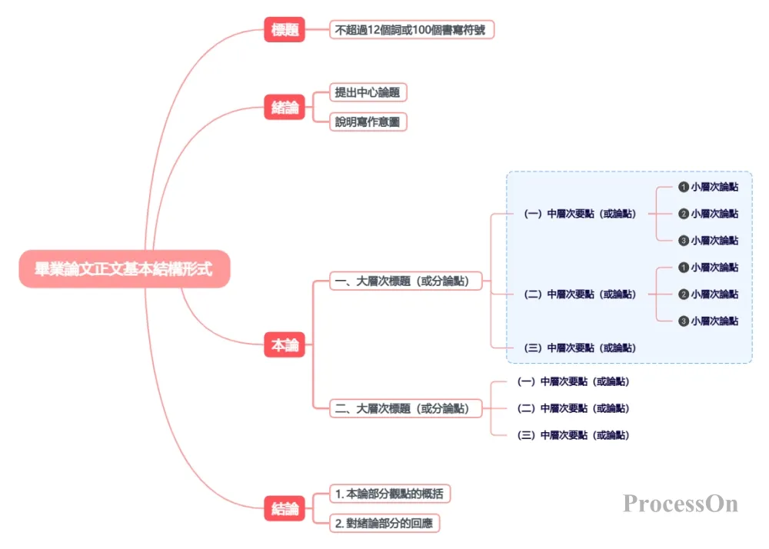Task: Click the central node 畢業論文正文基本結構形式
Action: (x=125, y=268)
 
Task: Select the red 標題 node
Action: (x=285, y=29)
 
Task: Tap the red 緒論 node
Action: (x=285, y=107)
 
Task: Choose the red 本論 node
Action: (x=285, y=344)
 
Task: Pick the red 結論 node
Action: (x=285, y=508)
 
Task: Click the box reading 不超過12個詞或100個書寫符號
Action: (x=411, y=29)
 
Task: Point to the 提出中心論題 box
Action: (x=368, y=92)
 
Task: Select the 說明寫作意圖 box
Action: (x=368, y=121)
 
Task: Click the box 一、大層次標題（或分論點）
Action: (x=405, y=281)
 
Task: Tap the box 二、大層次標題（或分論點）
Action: (x=405, y=408)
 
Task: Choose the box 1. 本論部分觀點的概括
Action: (x=390, y=494)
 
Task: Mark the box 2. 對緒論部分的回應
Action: (x=384, y=523)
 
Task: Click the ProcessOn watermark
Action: (x=681, y=504)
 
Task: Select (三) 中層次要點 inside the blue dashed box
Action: (x=580, y=348)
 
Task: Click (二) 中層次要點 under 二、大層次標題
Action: (x=573, y=408)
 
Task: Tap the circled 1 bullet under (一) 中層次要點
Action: (x=684, y=187)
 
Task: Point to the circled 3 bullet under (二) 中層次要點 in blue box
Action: (x=684, y=321)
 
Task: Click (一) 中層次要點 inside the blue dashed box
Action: (x=580, y=214)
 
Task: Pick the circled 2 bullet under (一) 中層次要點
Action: (x=684, y=214)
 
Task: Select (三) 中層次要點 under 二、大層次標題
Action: (x=573, y=434)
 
